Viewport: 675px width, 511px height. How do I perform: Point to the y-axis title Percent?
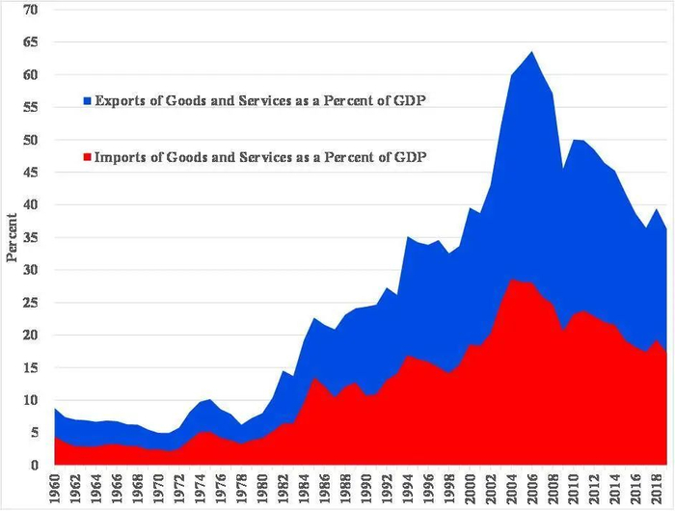(x=12, y=236)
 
